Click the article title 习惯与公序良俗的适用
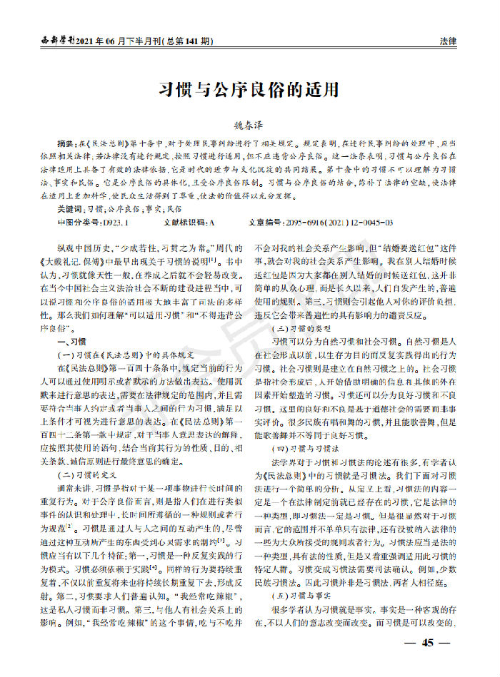point(249,91)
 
